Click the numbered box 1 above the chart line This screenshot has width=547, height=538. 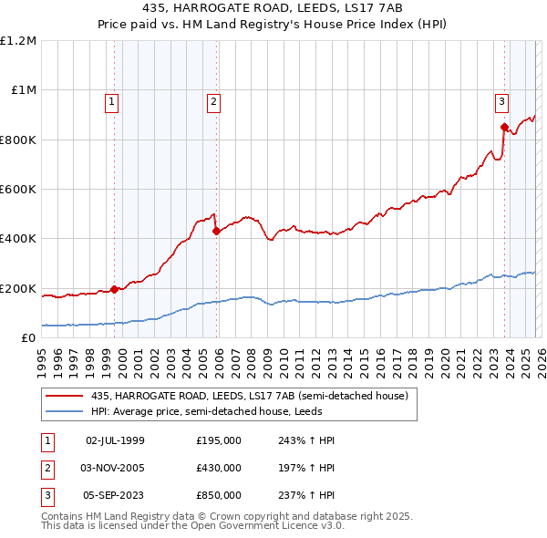click(x=111, y=102)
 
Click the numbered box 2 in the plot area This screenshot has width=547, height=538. click(x=213, y=102)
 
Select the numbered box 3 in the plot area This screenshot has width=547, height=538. click(x=501, y=102)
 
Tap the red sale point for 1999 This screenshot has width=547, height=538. click(x=114, y=289)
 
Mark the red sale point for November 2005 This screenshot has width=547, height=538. click(x=216, y=232)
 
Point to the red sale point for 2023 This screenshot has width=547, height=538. click(x=504, y=128)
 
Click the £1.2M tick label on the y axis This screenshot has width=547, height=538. click(x=18, y=41)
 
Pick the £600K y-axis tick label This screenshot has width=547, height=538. click(x=18, y=190)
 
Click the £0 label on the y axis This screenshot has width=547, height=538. click(x=29, y=338)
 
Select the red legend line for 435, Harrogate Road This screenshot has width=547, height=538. click(x=66, y=396)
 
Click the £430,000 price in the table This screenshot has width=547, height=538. click(x=219, y=468)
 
